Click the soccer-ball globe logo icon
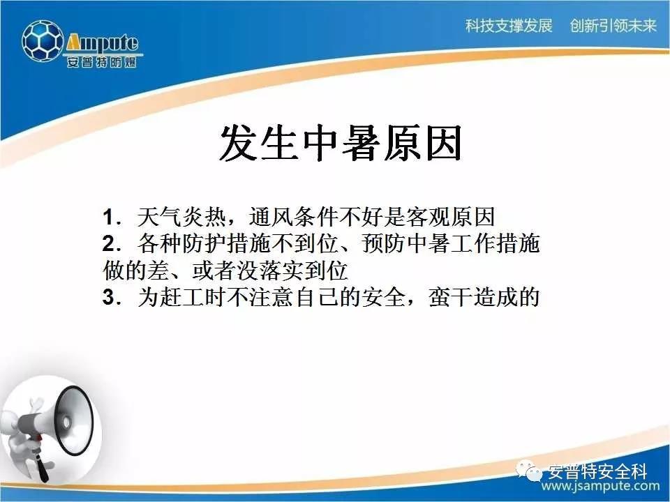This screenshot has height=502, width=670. (x=43, y=41)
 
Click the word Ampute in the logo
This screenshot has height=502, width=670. (x=102, y=43)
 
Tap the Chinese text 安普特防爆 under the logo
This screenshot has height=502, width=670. (x=102, y=62)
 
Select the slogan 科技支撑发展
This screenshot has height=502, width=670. (x=509, y=26)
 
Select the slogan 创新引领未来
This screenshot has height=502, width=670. (x=613, y=26)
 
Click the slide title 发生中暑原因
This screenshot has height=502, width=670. (x=341, y=143)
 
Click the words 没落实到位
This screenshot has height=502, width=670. (x=292, y=271)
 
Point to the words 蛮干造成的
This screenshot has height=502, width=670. (x=484, y=297)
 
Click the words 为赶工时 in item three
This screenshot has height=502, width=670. (x=182, y=297)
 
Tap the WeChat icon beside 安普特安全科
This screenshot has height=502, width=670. (x=530, y=471)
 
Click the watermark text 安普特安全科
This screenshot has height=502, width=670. (x=597, y=471)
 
